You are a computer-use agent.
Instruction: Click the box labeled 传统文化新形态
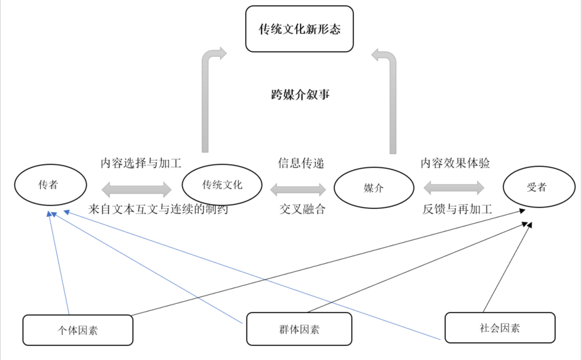(299, 29)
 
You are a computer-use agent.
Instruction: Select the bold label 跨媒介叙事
(300, 95)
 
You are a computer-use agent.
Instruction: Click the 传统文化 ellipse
(222, 184)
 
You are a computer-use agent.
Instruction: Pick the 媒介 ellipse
(374, 188)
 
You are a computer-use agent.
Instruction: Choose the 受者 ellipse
(538, 187)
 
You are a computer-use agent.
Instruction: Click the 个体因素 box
(78, 330)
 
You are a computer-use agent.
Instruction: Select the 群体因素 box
(299, 329)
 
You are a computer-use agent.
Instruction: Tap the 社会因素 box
(499, 327)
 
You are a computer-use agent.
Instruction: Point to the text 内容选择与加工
(141, 163)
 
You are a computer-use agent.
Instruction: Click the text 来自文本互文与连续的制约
(158, 209)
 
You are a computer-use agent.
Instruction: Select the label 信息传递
(301, 163)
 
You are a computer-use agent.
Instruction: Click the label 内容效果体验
(455, 163)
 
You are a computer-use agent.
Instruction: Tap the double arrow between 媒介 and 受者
(454, 187)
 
